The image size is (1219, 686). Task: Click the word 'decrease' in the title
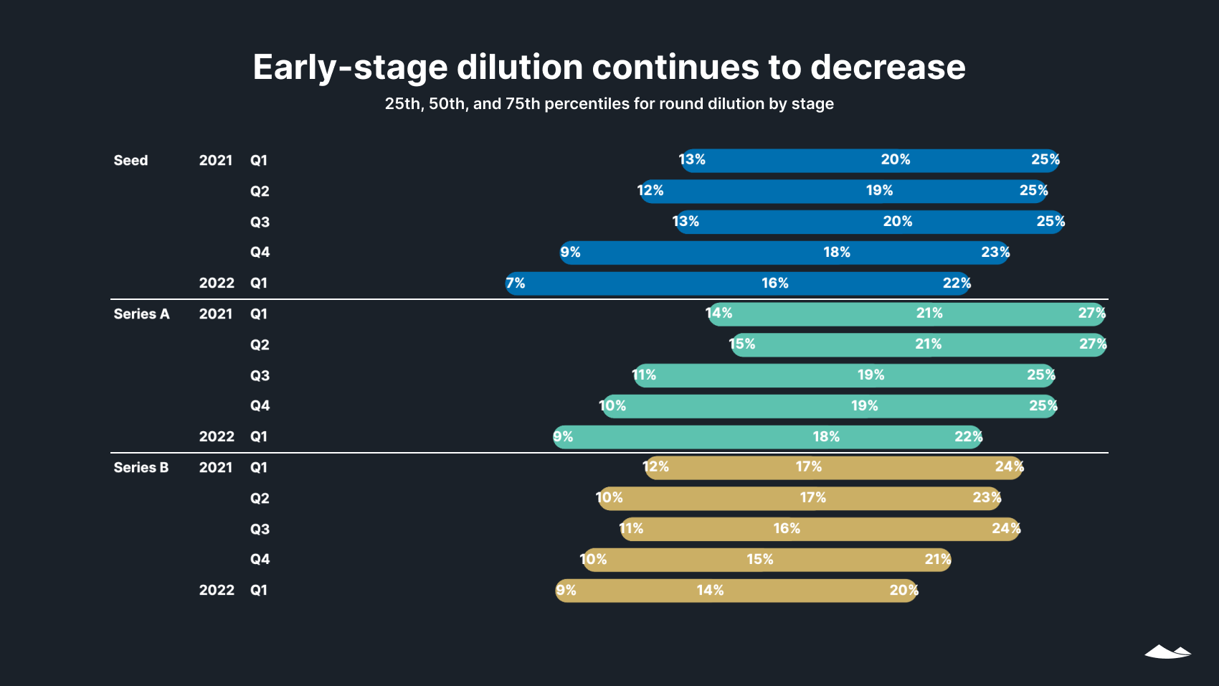888,67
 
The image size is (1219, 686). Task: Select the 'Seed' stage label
131,161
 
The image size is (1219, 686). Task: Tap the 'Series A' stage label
141,314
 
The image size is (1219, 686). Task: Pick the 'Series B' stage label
141,468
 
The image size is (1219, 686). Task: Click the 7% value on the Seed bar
516,283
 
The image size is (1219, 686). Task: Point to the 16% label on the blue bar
774,283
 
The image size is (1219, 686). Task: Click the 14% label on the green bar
719,314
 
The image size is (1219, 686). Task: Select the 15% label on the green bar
742,344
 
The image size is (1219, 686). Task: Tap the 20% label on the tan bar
903,591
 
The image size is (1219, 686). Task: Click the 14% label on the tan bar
710,591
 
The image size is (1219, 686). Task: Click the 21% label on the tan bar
937,560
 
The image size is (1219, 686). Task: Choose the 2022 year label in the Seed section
217,283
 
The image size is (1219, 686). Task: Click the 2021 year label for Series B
216,468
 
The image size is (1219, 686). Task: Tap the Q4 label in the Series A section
260,406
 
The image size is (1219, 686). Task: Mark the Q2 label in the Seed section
260,192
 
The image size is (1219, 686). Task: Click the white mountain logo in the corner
1167,652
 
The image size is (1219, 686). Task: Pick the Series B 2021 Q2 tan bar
717,498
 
